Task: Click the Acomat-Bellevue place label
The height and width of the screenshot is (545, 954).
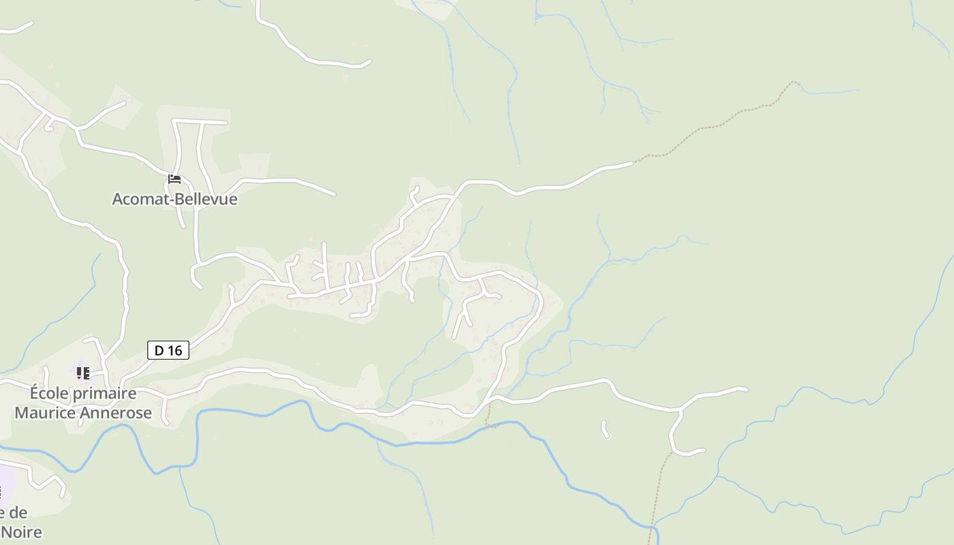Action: [174, 199]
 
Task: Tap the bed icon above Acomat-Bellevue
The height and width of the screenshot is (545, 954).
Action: [174, 179]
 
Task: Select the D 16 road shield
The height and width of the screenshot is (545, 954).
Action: [168, 350]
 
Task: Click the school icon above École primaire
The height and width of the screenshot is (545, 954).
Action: [82, 373]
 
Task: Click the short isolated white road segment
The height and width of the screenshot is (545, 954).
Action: [604, 429]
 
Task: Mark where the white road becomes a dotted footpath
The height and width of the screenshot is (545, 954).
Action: [634, 162]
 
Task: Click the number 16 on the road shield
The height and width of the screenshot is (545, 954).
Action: [175, 350]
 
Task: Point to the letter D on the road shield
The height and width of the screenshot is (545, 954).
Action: [159, 350]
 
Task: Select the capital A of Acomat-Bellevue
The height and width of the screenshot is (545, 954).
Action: [118, 199]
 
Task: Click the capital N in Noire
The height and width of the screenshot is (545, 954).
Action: [7, 532]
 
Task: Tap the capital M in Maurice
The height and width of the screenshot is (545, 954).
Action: [22, 413]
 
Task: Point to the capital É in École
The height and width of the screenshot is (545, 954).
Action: [35, 393]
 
